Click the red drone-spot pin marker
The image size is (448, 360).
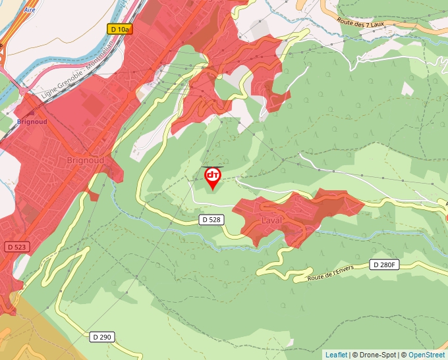(x=213, y=177)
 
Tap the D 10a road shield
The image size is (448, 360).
(x=119, y=29)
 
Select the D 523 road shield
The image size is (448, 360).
(x=17, y=246)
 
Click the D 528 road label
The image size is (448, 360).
(x=210, y=220)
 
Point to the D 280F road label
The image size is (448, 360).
(x=384, y=265)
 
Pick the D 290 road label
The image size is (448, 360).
(x=101, y=336)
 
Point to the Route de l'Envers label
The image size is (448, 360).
(x=335, y=272)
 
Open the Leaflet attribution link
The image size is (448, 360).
(x=336, y=355)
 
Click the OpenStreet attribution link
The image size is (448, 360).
(x=428, y=355)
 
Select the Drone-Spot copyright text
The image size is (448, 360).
(x=375, y=355)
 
